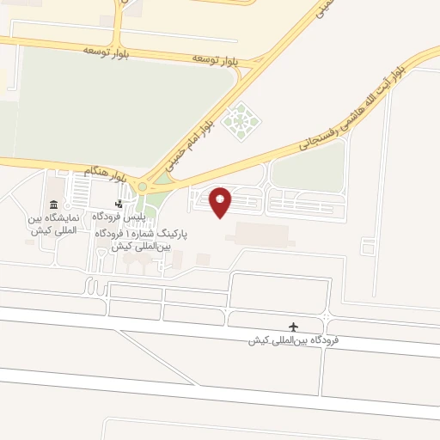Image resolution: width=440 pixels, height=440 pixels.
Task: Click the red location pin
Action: click(222, 201)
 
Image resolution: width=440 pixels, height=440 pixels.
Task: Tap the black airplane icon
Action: click(295, 327)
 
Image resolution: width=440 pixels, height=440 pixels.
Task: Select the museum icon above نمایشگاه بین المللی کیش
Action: click(55, 205)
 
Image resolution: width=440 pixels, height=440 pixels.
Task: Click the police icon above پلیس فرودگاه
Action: click(119, 205)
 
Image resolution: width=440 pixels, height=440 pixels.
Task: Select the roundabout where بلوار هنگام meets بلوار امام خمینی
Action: click(148, 183)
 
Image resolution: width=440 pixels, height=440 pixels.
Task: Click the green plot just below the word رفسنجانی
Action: click(309, 176)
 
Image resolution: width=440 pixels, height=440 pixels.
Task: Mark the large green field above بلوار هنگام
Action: click(120, 103)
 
